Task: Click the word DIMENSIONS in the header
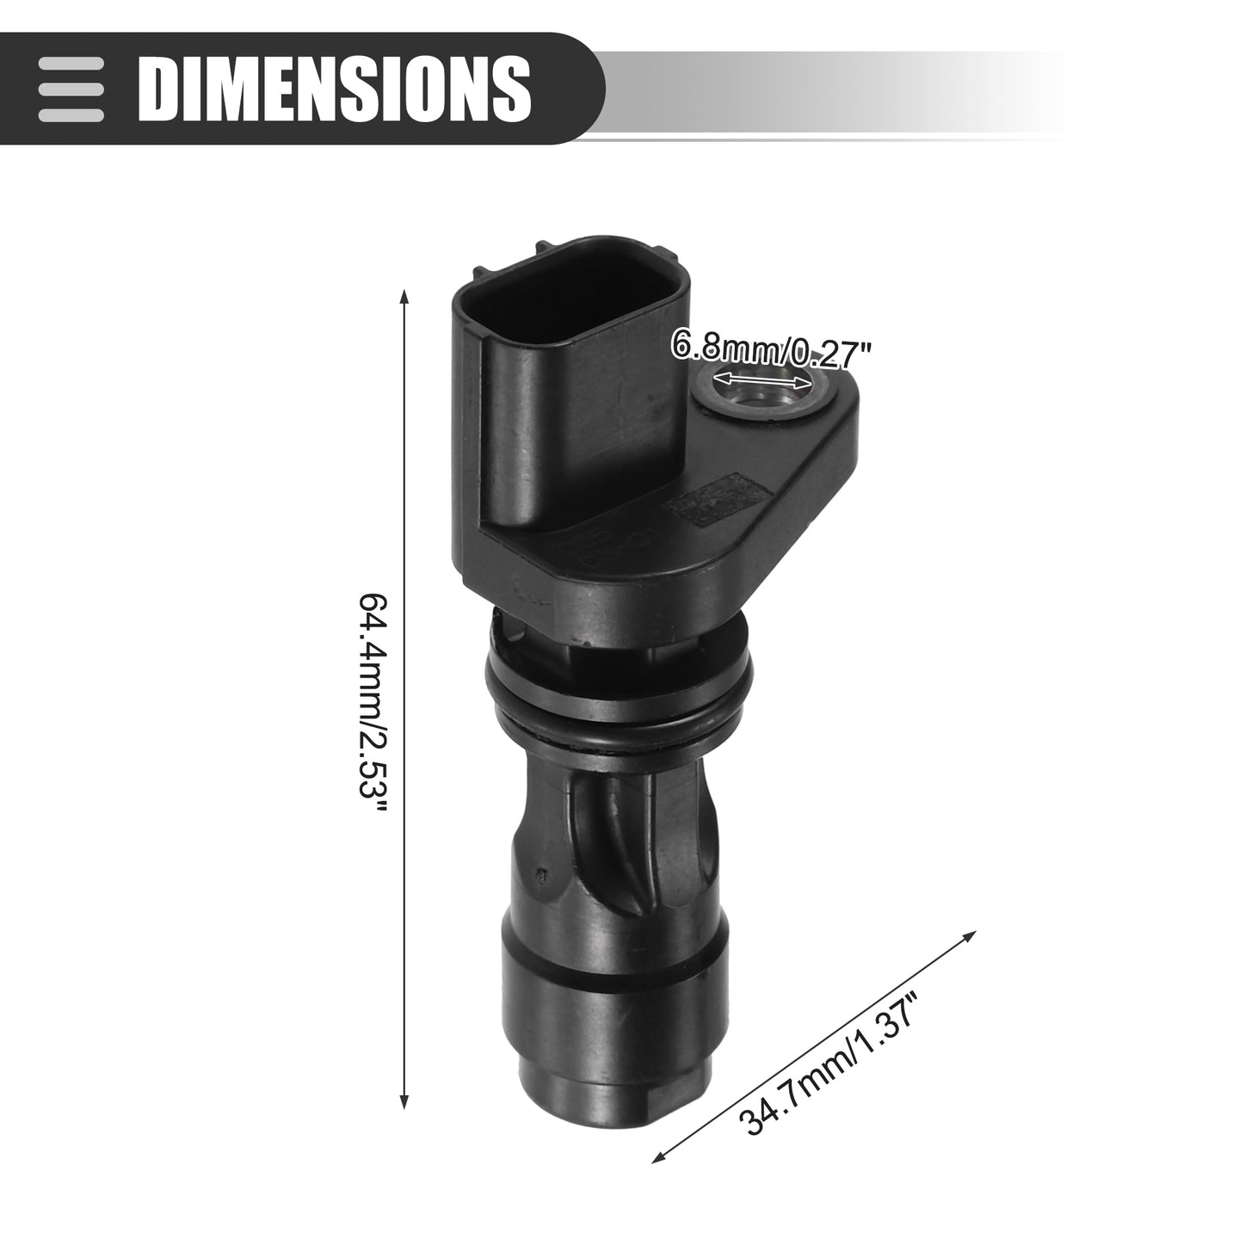pyautogui.click(x=335, y=88)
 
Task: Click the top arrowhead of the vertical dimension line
pyautogui.click(x=404, y=296)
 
